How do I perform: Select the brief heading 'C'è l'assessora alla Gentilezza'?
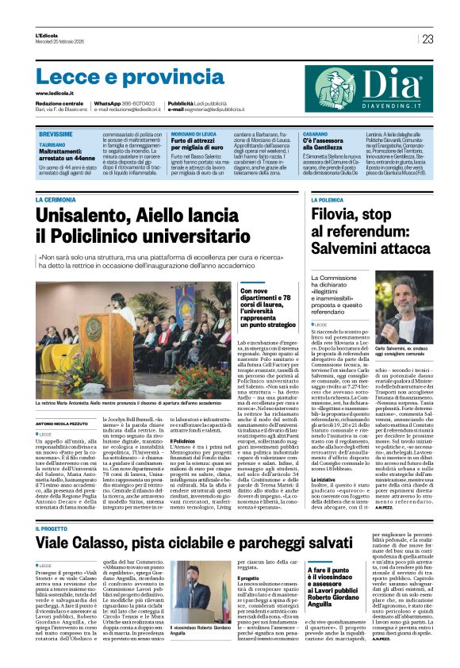(332, 144)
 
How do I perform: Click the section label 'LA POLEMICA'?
(327, 201)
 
